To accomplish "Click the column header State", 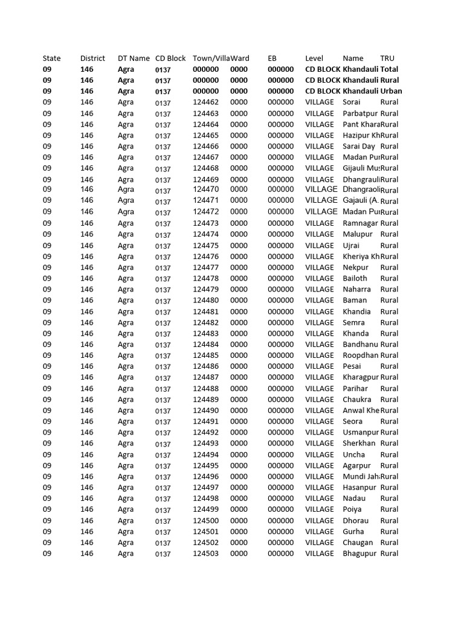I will (x=52, y=59).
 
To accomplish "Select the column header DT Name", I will (x=134, y=59).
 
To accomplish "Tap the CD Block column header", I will (x=170, y=59).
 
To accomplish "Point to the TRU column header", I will (x=387, y=59).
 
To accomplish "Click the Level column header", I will (x=314, y=59).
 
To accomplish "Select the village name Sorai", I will (x=352, y=103).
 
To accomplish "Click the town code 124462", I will (x=205, y=103).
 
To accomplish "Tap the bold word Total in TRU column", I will (x=389, y=69).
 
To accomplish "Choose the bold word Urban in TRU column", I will (x=391, y=91).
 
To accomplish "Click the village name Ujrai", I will (x=352, y=246).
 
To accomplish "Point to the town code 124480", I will (x=205, y=301).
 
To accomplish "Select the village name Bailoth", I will (x=355, y=278).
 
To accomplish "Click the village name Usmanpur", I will (x=361, y=432).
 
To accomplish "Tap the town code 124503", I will (x=205, y=553).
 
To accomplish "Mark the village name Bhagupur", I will (x=360, y=553).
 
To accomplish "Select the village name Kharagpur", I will (x=361, y=377).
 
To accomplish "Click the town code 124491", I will (x=205, y=421).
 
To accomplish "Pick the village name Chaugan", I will (x=358, y=543).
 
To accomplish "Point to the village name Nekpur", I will (x=355, y=267).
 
